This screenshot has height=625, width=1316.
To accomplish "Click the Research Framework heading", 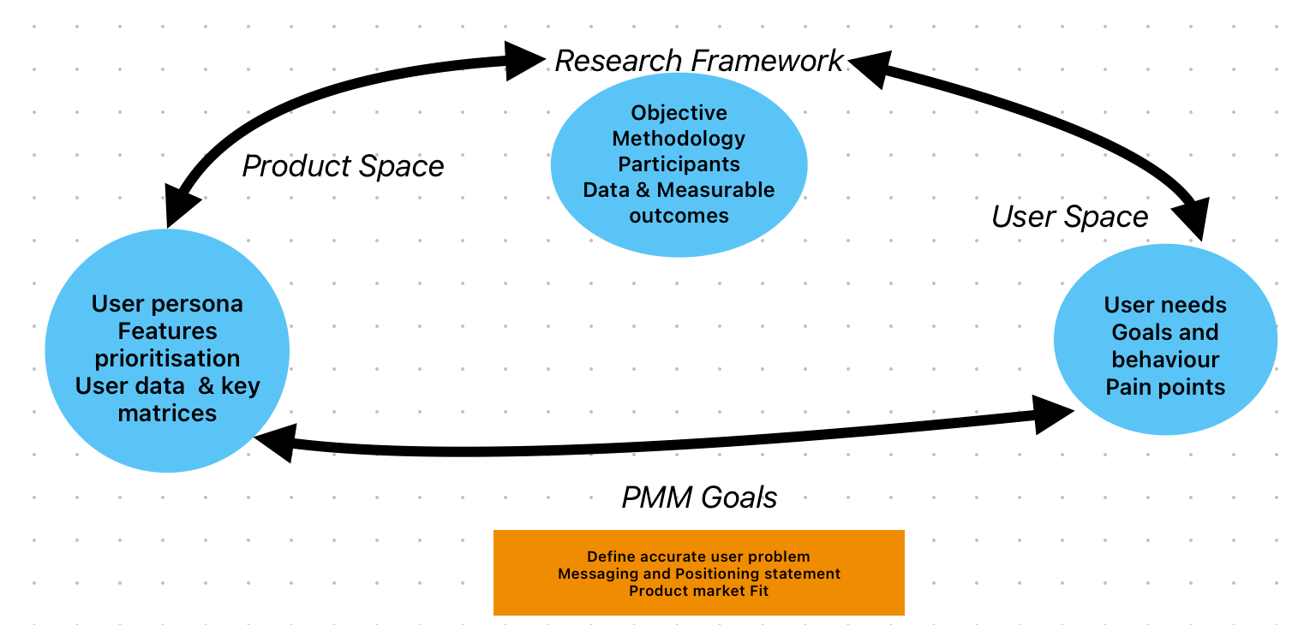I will pos(699,62).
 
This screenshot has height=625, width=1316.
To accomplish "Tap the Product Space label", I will pos(343,166).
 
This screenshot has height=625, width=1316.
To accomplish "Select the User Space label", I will pos(1069,217).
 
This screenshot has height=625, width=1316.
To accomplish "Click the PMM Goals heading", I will pos(699,497).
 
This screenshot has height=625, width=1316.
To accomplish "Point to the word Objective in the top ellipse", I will pos(679,113).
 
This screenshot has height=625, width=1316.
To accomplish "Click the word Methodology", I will pos(679,139).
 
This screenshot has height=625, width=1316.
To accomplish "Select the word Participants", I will pos(679,164).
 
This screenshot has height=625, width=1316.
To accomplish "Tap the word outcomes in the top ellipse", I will pos(679,216).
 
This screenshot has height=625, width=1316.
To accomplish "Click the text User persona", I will pos(167,304).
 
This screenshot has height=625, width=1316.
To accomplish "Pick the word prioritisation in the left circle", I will pos(167,358).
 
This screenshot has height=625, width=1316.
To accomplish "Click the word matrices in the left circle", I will pos(167,414).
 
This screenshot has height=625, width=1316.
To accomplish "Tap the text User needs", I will pos(1165,305).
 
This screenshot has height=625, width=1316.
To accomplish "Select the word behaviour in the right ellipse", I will pos(1165,360).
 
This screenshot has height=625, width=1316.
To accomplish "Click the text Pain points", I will pos(1165,387).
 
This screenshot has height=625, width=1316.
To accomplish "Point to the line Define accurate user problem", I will pos(698,557).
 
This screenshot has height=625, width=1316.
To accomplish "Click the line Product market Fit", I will pos(698,591).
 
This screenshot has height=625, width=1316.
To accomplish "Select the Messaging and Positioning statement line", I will pos(698,574).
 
